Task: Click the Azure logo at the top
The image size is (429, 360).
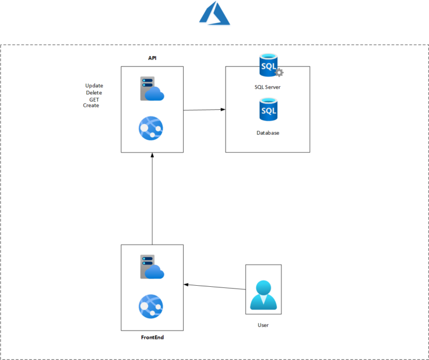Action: tap(214, 14)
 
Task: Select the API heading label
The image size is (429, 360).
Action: tap(152, 58)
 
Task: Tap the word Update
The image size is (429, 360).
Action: tap(94, 86)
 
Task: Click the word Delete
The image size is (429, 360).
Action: tap(94, 93)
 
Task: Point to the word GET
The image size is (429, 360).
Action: tap(94, 99)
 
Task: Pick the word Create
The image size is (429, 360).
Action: tap(91, 105)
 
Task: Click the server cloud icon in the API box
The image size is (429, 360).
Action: tap(152, 89)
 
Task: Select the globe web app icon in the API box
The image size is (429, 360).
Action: tap(151, 128)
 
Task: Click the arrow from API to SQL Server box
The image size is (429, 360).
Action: tap(204, 110)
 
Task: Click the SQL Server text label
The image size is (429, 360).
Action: tap(268, 87)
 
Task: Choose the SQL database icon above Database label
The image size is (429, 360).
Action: tap(268, 109)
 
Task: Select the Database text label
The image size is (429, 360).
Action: tap(268, 133)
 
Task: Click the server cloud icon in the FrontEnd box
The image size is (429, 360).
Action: tap(152, 267)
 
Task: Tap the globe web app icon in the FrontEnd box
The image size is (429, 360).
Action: tap(151, 306)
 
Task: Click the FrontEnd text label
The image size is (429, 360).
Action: tap(153, 338)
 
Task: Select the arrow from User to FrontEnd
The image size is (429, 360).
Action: tap(214, 287)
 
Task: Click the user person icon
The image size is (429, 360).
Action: tap(263, 295)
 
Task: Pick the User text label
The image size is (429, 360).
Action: tap(263, 325)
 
